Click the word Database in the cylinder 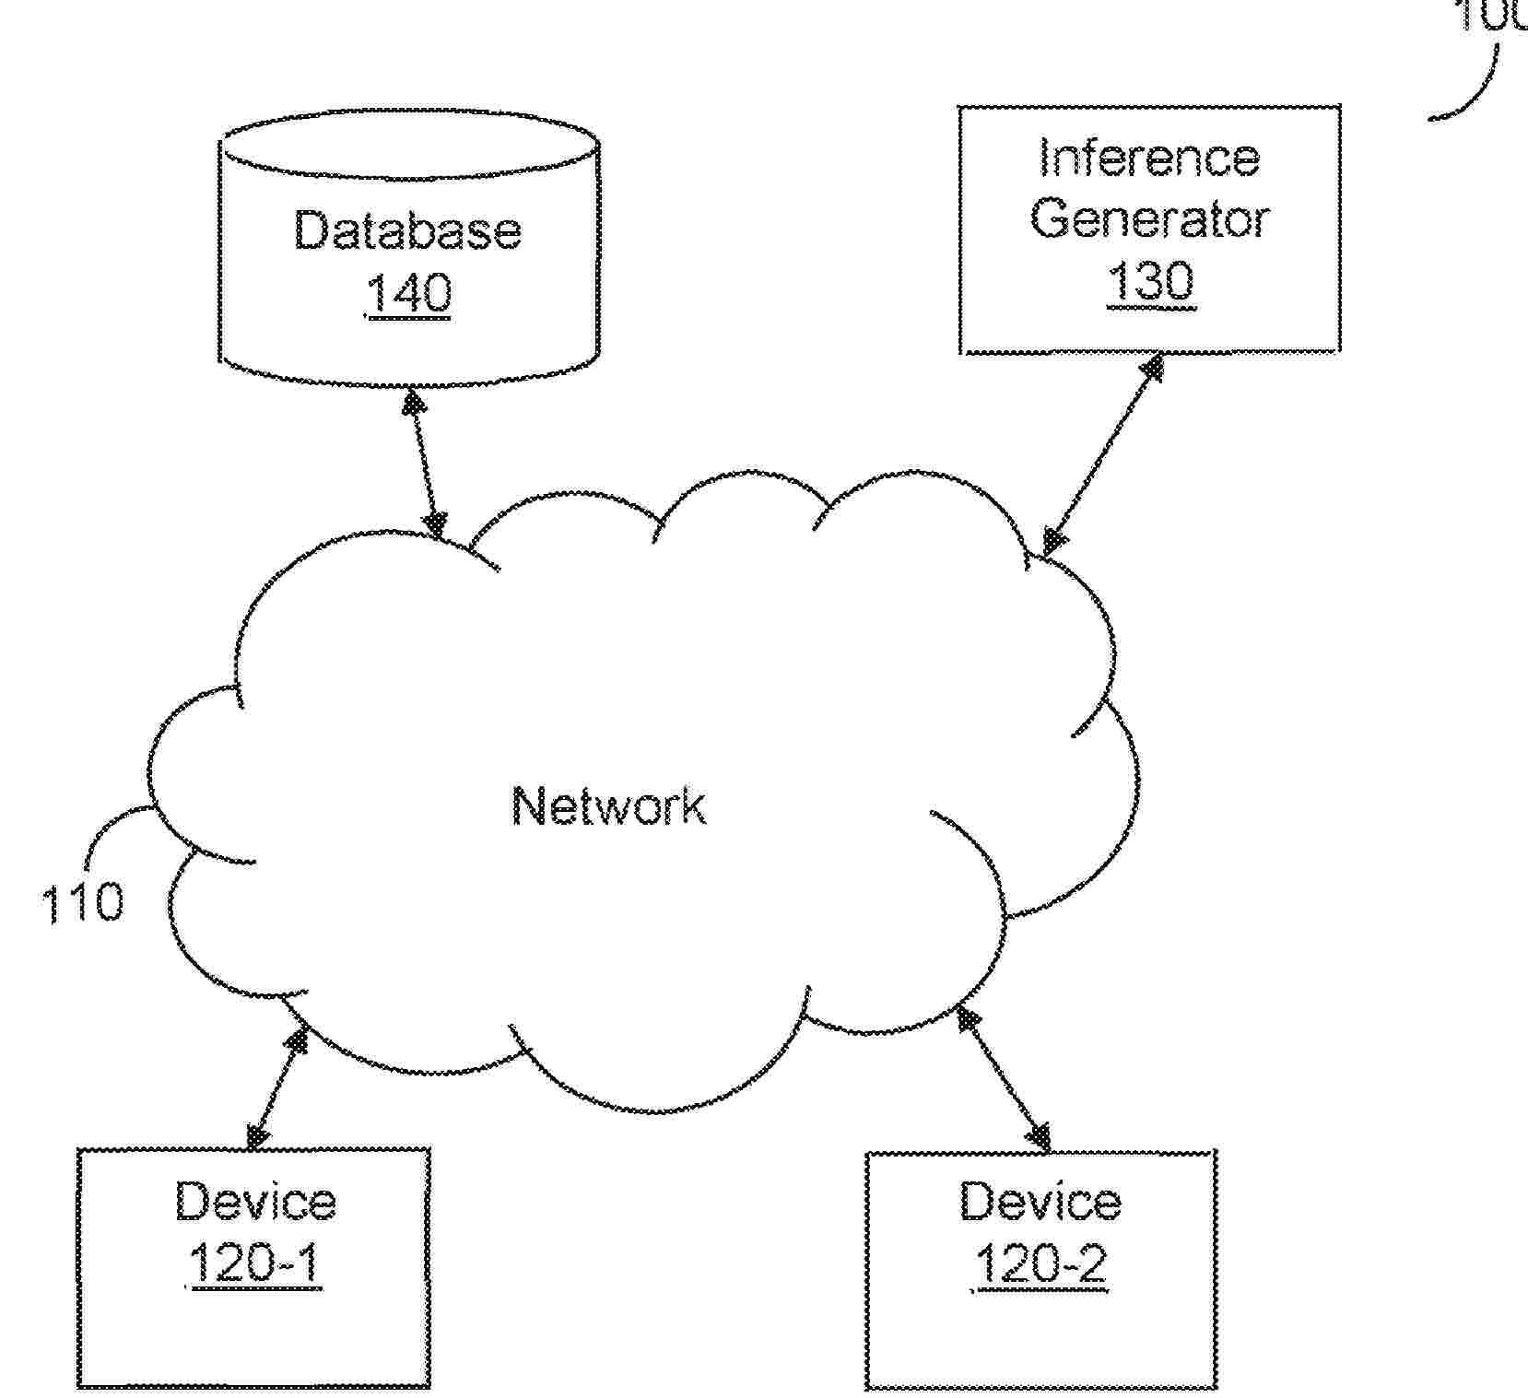[406, 230]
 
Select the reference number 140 [408, 293]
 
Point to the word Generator [1149, 219]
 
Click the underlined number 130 [1150, 280]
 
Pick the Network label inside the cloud [609, 805]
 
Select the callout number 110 [82, 902]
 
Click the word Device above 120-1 [255, 1202]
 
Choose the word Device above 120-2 [1040, 1202]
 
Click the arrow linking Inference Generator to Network [1102, 455]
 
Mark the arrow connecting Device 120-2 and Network [1005, 1078]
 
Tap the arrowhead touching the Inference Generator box [1151, 369]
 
